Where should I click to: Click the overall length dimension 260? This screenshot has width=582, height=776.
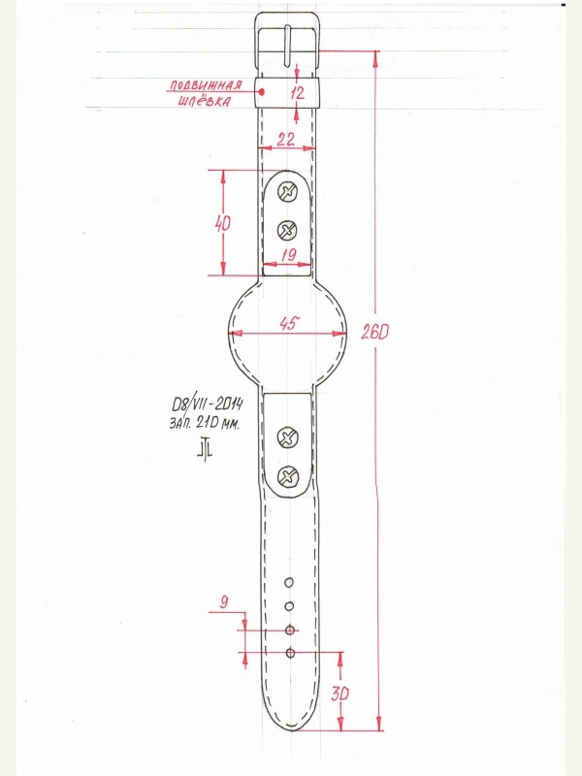coord(374,333)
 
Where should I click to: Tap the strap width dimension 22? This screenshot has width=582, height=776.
coord(285,139)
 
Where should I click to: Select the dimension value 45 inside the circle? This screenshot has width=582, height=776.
coord(289,324)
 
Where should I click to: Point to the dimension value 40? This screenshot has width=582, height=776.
coord(223,224)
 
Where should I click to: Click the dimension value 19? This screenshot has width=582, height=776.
coord(288,255)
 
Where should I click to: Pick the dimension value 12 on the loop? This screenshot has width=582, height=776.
coord(297,92)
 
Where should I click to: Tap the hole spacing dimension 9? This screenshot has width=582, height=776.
coord(224,602)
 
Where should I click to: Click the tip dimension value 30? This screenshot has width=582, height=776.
coord(340,694)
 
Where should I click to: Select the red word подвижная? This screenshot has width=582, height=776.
coord(206,85)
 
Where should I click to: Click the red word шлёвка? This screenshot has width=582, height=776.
coord(204,101)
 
